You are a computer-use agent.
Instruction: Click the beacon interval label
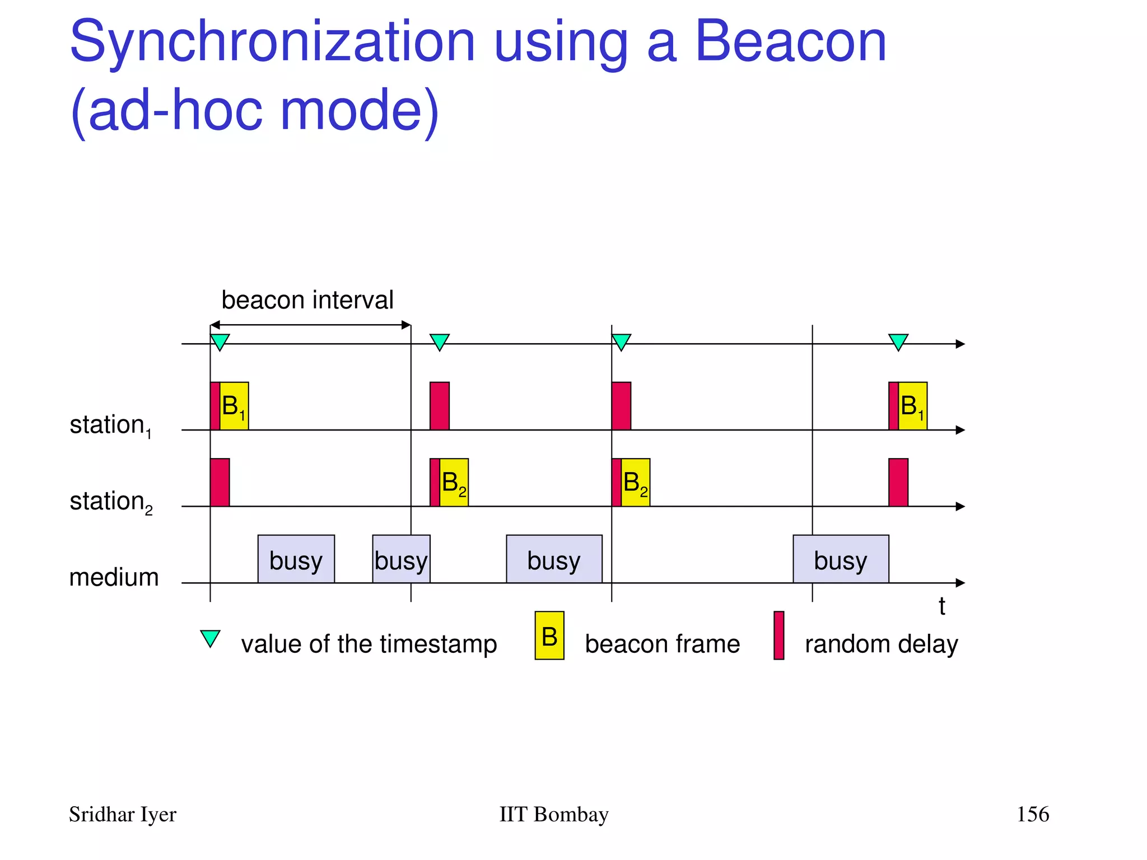[x=307, y=300]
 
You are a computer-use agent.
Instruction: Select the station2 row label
[x=110, y=502]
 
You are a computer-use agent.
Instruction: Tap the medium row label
[x=114, y=577]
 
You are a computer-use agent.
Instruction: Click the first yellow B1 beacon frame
[x=234, y=406]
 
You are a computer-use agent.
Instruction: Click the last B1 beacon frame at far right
[x=912, y=406]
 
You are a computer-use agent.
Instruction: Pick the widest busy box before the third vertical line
[x=554, y=559]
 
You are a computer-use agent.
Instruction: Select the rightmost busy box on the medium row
[x=840, y=559]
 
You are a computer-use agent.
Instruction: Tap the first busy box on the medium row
[x=296, y=559]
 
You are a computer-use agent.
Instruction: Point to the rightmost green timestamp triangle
[x=898, y=341]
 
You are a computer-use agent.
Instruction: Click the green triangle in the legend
[x=210, y=638]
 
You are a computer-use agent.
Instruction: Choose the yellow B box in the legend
[x=549, y=635]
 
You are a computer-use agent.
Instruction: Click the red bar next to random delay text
[x=778, y=635]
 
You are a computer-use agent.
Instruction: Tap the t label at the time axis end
[x=942, y=606]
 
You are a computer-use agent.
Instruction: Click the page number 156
[x=1032, y=814]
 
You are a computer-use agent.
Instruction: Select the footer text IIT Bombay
[x=553, y=814]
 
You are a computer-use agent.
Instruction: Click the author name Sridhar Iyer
[x=122, y=814]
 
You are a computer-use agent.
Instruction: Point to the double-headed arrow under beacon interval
[x=310, y=325]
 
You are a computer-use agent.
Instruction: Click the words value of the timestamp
[x=369, y=644]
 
